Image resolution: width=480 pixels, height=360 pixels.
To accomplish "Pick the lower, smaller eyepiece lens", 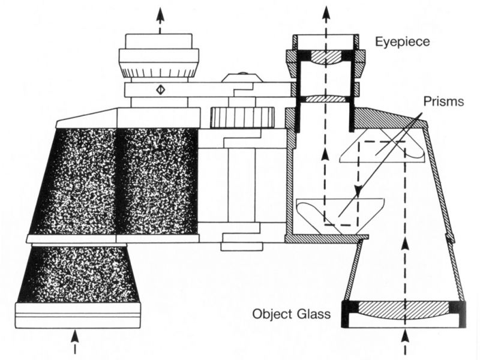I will point(325,98).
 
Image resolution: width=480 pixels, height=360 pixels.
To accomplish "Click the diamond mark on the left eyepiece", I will point(160,90).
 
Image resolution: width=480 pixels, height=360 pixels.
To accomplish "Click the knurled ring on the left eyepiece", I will point(159,73).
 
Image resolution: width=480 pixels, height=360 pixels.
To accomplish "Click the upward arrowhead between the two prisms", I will point(325,154).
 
